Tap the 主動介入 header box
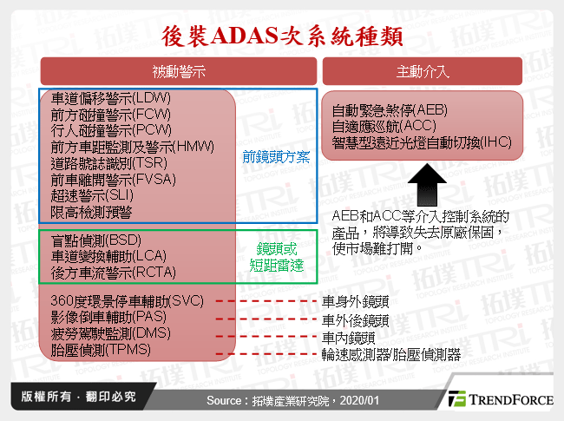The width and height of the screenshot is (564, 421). [x=422, y=71]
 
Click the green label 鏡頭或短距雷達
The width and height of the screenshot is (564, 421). [x=277, y=256]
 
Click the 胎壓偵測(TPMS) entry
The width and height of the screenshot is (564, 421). [x=102, y=350]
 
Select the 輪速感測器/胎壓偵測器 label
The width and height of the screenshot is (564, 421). [x=390, y=354]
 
